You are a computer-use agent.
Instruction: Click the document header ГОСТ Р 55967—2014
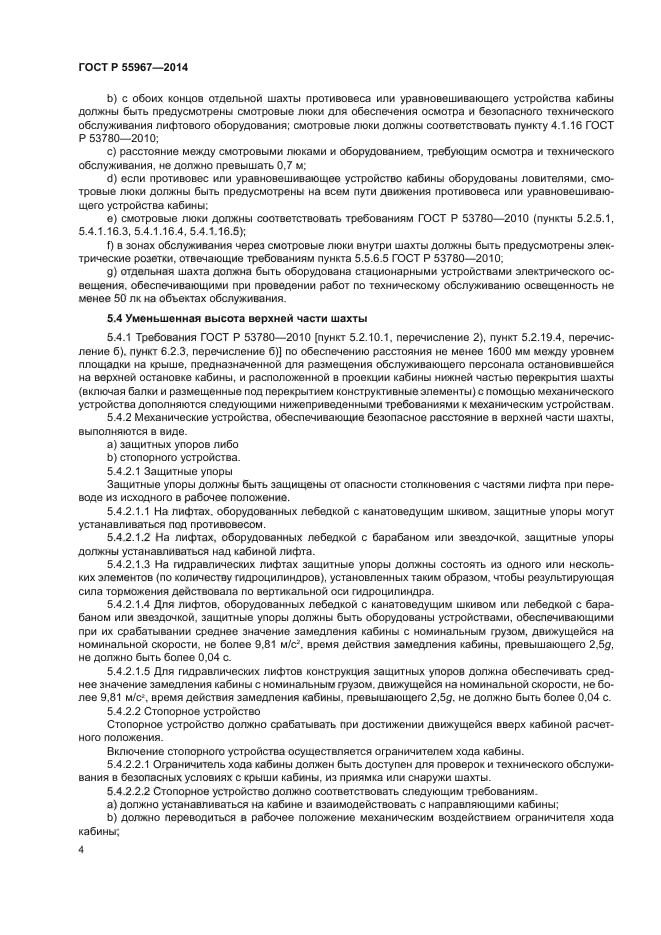132,67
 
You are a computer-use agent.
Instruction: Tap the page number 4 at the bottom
80,847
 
